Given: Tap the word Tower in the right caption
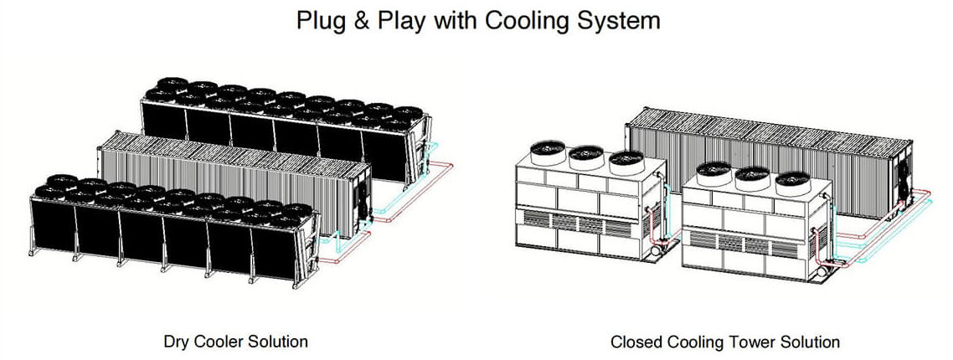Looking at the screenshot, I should (747, 342).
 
